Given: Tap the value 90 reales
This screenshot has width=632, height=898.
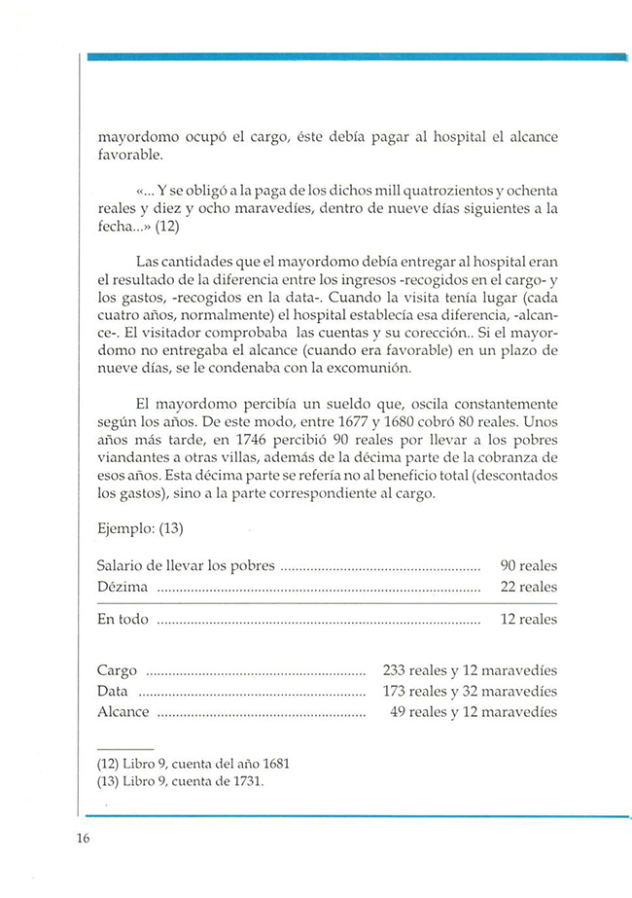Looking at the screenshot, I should click(528, 565).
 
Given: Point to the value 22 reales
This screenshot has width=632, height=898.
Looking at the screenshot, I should click(528, 587).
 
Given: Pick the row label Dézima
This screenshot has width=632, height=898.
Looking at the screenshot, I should click(123, 587).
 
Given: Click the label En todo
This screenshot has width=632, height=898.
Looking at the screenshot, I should click(123, 620).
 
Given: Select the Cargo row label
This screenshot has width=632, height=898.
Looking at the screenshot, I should click(118, 670).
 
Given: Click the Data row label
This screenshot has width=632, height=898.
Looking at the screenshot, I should click(114, 691).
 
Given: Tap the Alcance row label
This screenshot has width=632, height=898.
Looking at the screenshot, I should click(123, 711).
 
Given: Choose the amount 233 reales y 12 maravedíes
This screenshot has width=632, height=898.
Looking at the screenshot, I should click(470, 670).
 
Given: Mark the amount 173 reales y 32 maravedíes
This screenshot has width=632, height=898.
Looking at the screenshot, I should click(470, 691).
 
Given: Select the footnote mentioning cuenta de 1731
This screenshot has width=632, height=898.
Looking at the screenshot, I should click(181, 780).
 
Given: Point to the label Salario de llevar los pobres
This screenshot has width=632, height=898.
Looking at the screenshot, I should click(188, 565).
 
